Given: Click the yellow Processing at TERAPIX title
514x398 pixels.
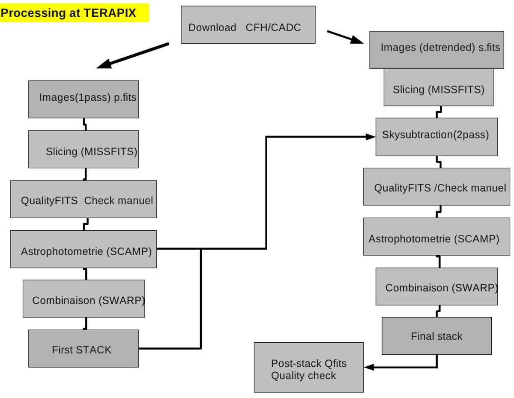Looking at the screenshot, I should point(74,13).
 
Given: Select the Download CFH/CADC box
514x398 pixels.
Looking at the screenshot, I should point(248,25).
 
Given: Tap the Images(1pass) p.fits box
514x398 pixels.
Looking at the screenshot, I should point(84,99).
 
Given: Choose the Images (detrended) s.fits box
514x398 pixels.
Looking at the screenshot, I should point(436,49).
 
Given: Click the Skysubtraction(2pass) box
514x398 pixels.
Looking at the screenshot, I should point(436,136).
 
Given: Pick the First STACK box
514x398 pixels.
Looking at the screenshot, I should point(84,348).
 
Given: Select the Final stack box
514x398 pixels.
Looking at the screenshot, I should point(436,336).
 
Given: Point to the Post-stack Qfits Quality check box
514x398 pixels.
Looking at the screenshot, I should point(308,368).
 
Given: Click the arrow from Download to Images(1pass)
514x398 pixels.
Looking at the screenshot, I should point(133,56).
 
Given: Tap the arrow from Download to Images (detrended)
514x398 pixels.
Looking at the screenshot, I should point(345,37).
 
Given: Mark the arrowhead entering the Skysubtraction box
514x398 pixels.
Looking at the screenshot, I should point(371,137).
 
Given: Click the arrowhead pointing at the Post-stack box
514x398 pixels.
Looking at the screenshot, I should point(369,367).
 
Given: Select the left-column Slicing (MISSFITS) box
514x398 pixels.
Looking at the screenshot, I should point(84,149).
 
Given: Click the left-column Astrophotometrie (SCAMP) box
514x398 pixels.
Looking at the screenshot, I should point(84,249).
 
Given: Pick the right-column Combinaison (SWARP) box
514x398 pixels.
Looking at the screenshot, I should point(436,286).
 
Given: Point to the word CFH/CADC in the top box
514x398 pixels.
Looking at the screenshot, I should point(273,27).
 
